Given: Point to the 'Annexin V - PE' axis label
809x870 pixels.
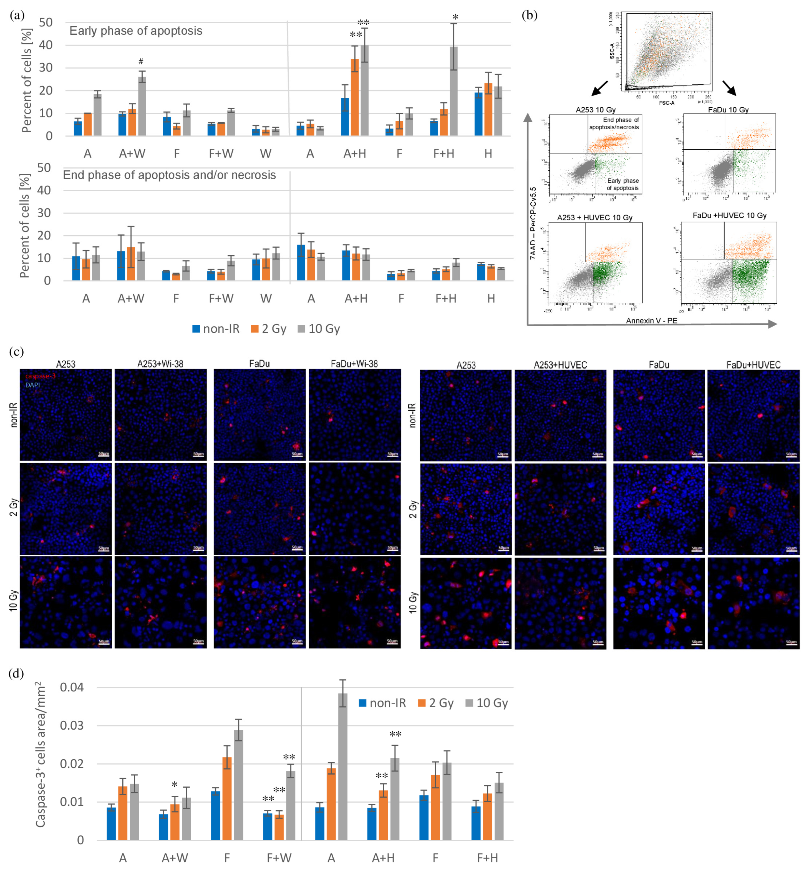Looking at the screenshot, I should pos(651,321).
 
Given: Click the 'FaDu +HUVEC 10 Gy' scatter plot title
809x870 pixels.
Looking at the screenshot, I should pos(729,216).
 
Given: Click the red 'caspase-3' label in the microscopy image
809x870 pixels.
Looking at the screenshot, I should pos(40,376).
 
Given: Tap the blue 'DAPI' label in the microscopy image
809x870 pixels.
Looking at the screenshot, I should pos(32,385).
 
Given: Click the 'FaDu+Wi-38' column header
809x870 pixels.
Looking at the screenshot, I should pos(354,364).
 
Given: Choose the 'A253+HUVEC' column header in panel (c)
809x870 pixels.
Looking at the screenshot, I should pos(560,365).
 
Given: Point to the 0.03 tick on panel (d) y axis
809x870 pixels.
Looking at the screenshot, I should pos(72,726).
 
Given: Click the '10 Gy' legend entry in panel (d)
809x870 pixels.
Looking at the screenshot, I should pos(487,703).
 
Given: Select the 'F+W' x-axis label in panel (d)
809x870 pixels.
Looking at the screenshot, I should pos(279,858).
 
